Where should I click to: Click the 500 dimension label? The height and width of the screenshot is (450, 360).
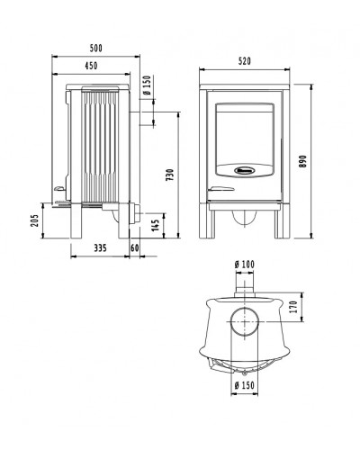pyautogui.click(x=96, y=48)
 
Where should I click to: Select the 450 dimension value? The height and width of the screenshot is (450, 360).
pyautogui.click(x=91, y=66)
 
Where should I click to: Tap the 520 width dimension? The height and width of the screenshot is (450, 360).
pyautogui.click(x=245, y=61)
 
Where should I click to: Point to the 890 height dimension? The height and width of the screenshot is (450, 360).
pyautogui.click(x=303, y=161)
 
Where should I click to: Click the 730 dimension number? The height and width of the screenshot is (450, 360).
pyautogui.click(x=170, y=175)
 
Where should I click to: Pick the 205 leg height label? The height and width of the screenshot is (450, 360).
pyautogui.click(x=35, y=220)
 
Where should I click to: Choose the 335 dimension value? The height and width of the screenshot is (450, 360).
pyautogui.click(x=100, y=248)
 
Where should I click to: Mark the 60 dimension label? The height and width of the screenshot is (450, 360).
pyautogui.click(x=135, y=248)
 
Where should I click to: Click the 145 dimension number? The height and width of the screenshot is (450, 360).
pyautogui.click(x=156, y=226)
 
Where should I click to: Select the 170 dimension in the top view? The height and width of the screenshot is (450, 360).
pyautogui.click(x=293, y=307)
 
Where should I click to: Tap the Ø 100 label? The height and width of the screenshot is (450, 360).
pyautogui.click(x=245, y=265)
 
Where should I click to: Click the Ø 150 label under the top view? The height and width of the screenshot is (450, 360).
pyautogui.click(x=245, y=385)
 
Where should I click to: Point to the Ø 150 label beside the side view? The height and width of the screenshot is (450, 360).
pyautogui.click(x=147, y=85)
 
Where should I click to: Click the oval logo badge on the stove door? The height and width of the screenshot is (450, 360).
pyautogui.click(x=245, y=170)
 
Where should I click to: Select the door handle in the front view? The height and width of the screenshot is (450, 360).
pyautogui.click(x=221, y=189)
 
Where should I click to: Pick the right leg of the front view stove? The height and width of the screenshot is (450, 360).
pyautogui.click(x=282, y=221)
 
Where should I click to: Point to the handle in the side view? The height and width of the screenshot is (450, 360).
pyautogui.click(x=60, y=188)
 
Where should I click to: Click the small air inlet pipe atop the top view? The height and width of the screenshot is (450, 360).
pyautogui.click(x=245, y=285)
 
